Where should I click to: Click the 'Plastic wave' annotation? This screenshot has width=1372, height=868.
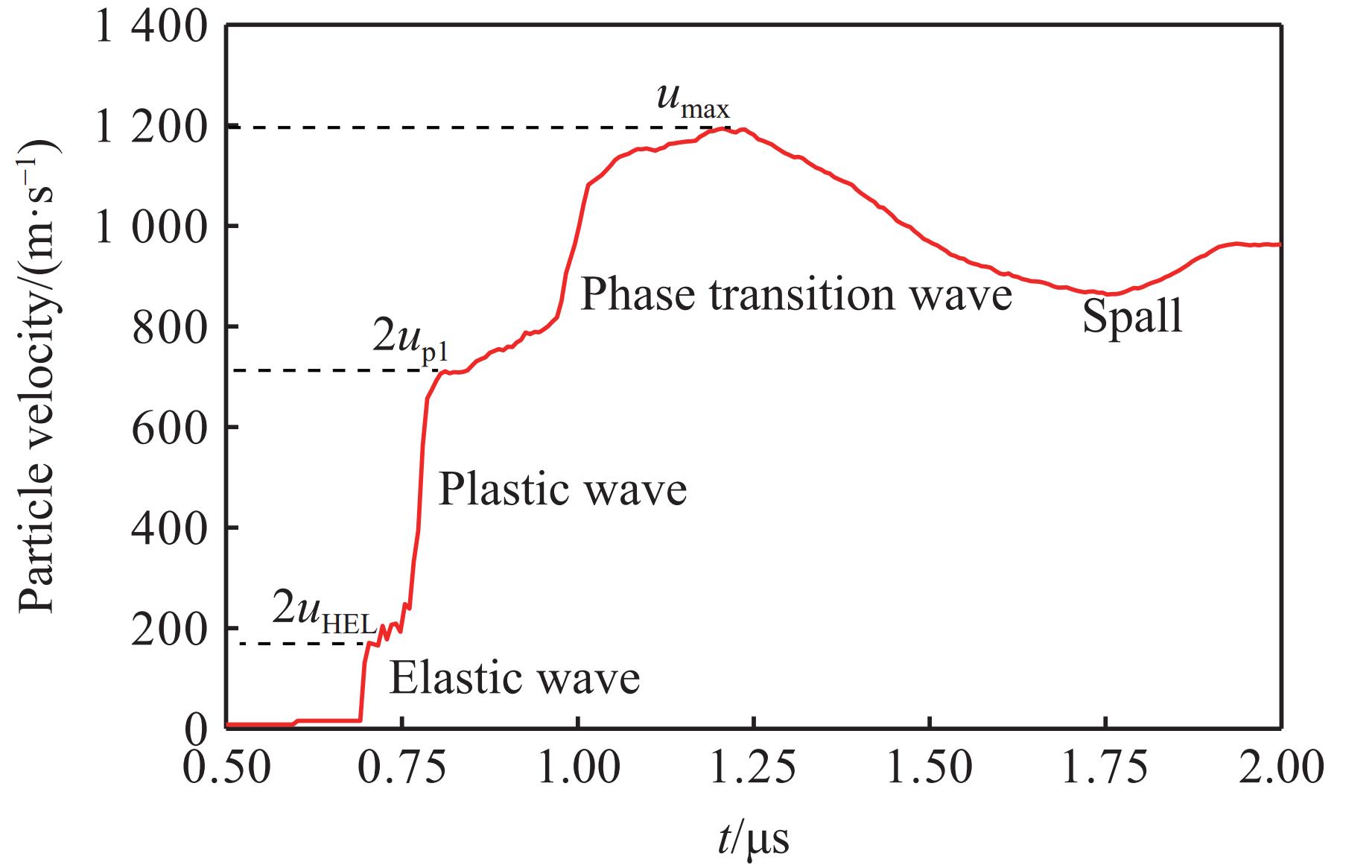pos(562,491)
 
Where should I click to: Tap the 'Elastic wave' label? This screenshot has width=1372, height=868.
pos(515,679)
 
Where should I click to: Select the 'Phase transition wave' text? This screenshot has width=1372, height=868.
pos(795,294)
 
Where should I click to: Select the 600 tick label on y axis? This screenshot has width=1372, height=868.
pos(168,428)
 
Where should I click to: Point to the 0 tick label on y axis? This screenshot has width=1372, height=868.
pos(195,729)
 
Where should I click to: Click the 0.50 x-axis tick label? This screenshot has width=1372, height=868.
pos(226,767)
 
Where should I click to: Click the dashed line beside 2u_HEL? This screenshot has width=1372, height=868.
pos(298,643)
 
